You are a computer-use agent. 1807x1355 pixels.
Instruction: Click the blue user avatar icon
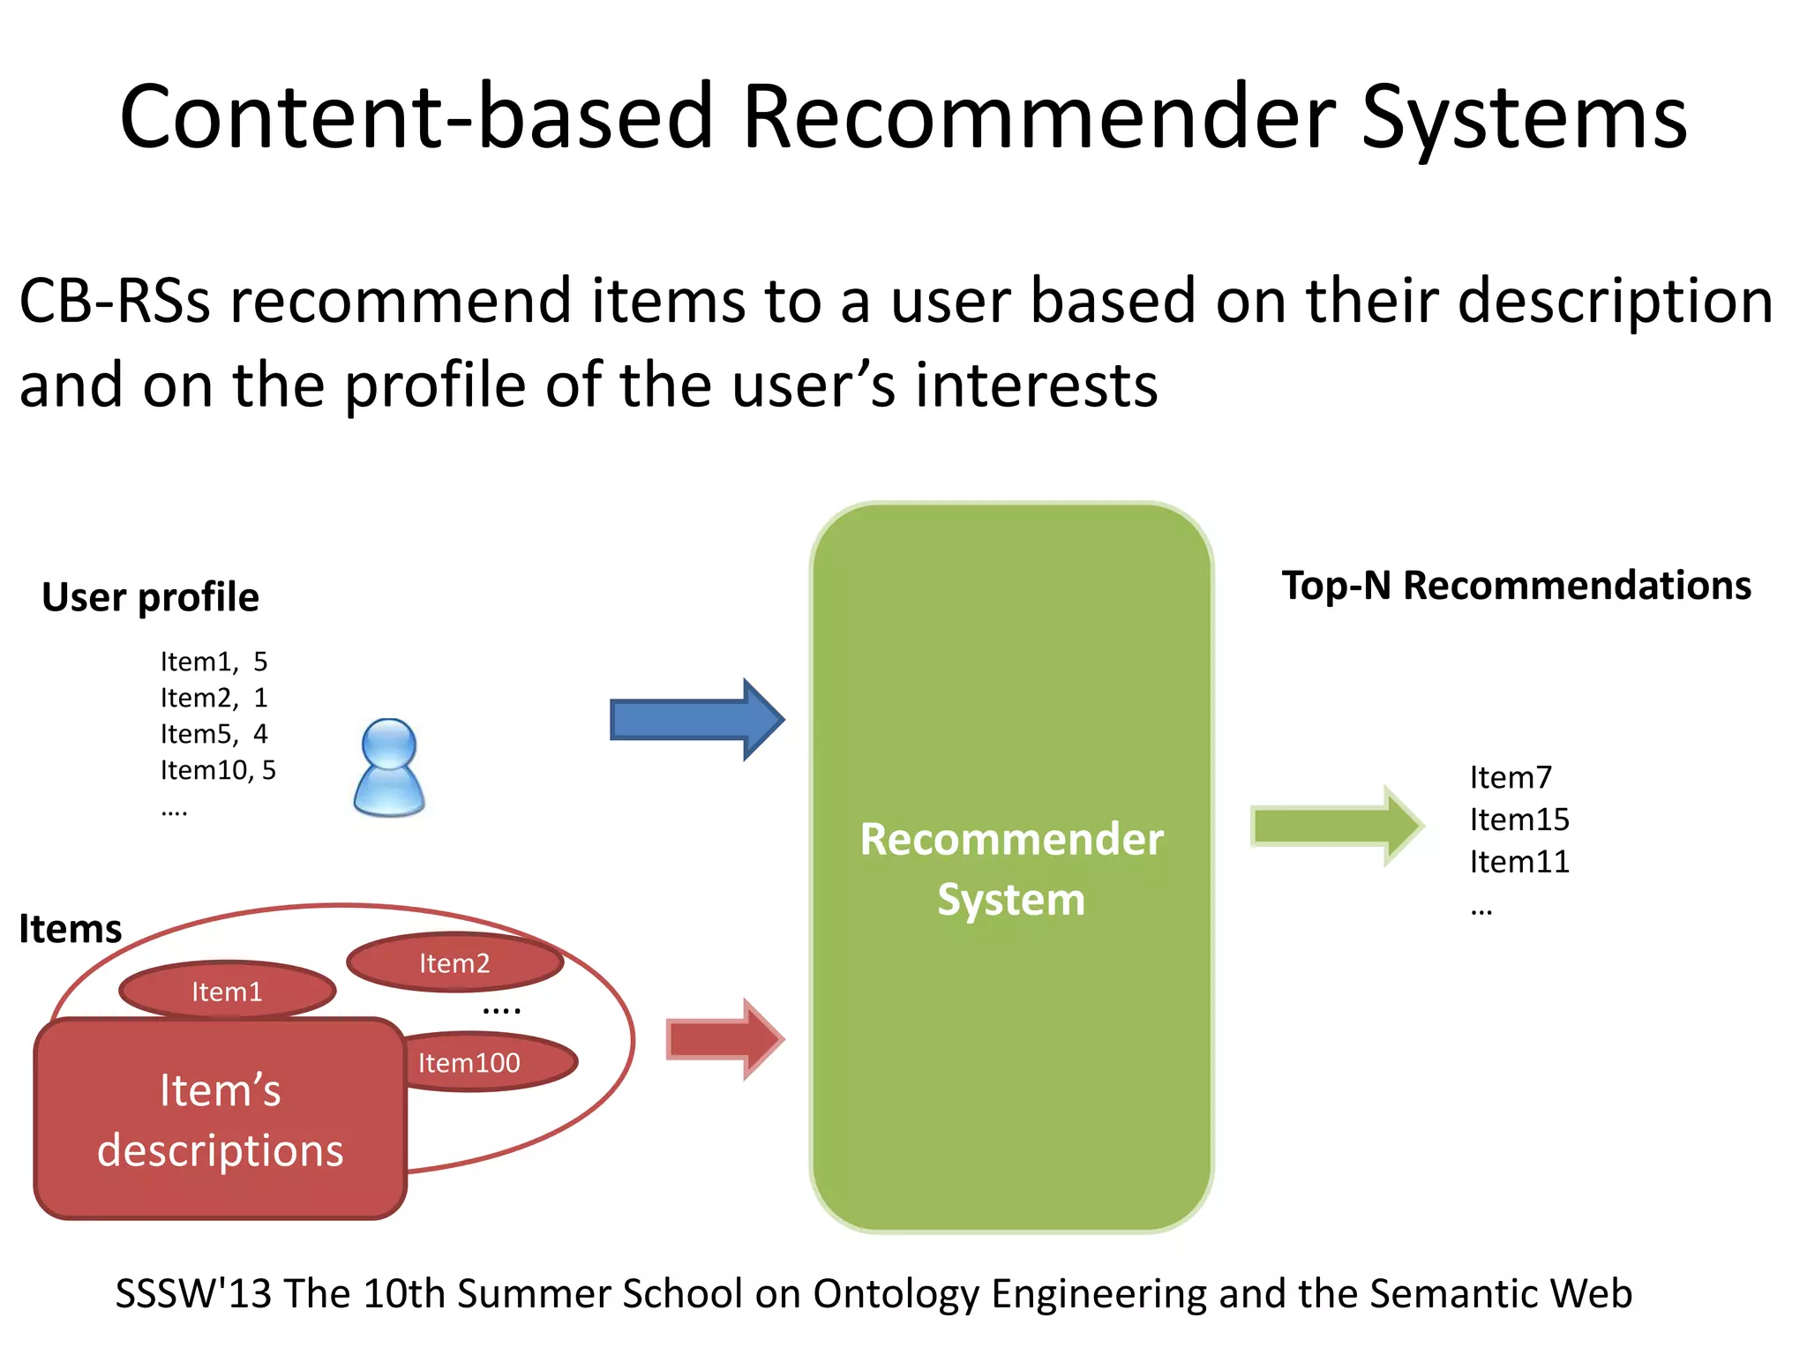pos(389,767)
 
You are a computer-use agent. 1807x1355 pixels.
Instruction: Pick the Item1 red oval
pos(228,992)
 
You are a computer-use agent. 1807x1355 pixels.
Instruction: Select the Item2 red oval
pos(454,962)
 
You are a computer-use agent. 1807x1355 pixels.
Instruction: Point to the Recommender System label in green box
pos(1011,869)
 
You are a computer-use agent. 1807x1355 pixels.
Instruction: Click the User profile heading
pos(150,597)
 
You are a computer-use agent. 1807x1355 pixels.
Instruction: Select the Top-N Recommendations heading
pos(1516,586)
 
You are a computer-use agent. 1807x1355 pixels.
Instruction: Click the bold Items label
pos(71,929)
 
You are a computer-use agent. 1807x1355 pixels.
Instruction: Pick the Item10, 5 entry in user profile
pos(218,770)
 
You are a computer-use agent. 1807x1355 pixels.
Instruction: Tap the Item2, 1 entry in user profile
pos(214,698)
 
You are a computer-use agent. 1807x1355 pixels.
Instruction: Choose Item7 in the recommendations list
pos(1510,777)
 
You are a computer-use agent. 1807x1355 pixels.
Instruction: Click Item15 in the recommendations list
pos(1518,820)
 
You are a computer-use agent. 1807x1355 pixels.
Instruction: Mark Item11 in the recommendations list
pos(1518,862)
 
